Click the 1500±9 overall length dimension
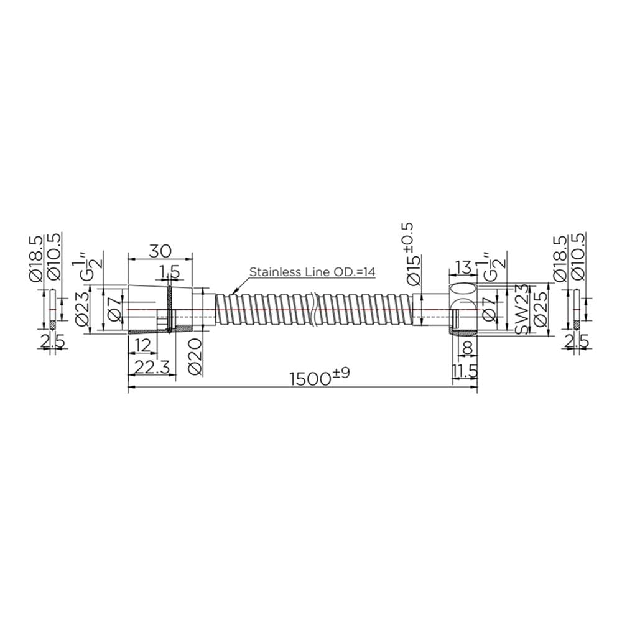[320, 378]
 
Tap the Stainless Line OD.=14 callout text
[312, 272]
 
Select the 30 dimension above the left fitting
[160, 251]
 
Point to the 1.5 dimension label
[169, 272]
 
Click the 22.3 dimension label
[152, 368]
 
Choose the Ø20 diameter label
[195, 357]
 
